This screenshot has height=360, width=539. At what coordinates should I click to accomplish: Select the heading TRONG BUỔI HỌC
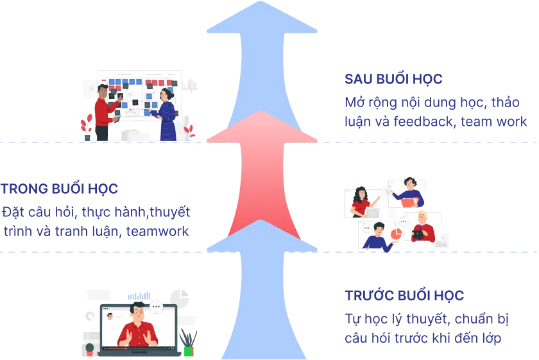pos(59,189)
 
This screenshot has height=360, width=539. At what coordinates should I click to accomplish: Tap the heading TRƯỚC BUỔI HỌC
pos(404,296)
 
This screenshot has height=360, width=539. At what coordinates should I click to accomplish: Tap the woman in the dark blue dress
pos(167,116)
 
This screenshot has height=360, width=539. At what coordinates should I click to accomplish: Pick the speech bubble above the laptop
pos(156,306)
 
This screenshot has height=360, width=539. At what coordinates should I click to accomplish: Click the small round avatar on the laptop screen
pos(110,316)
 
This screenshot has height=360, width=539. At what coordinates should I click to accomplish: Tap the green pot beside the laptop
pos(188,351)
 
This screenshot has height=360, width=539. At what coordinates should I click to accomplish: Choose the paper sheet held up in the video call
pos(388,191)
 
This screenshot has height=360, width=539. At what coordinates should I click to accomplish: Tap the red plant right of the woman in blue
pos(189,132)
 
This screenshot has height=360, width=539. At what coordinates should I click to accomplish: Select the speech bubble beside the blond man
pos(404,222)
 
